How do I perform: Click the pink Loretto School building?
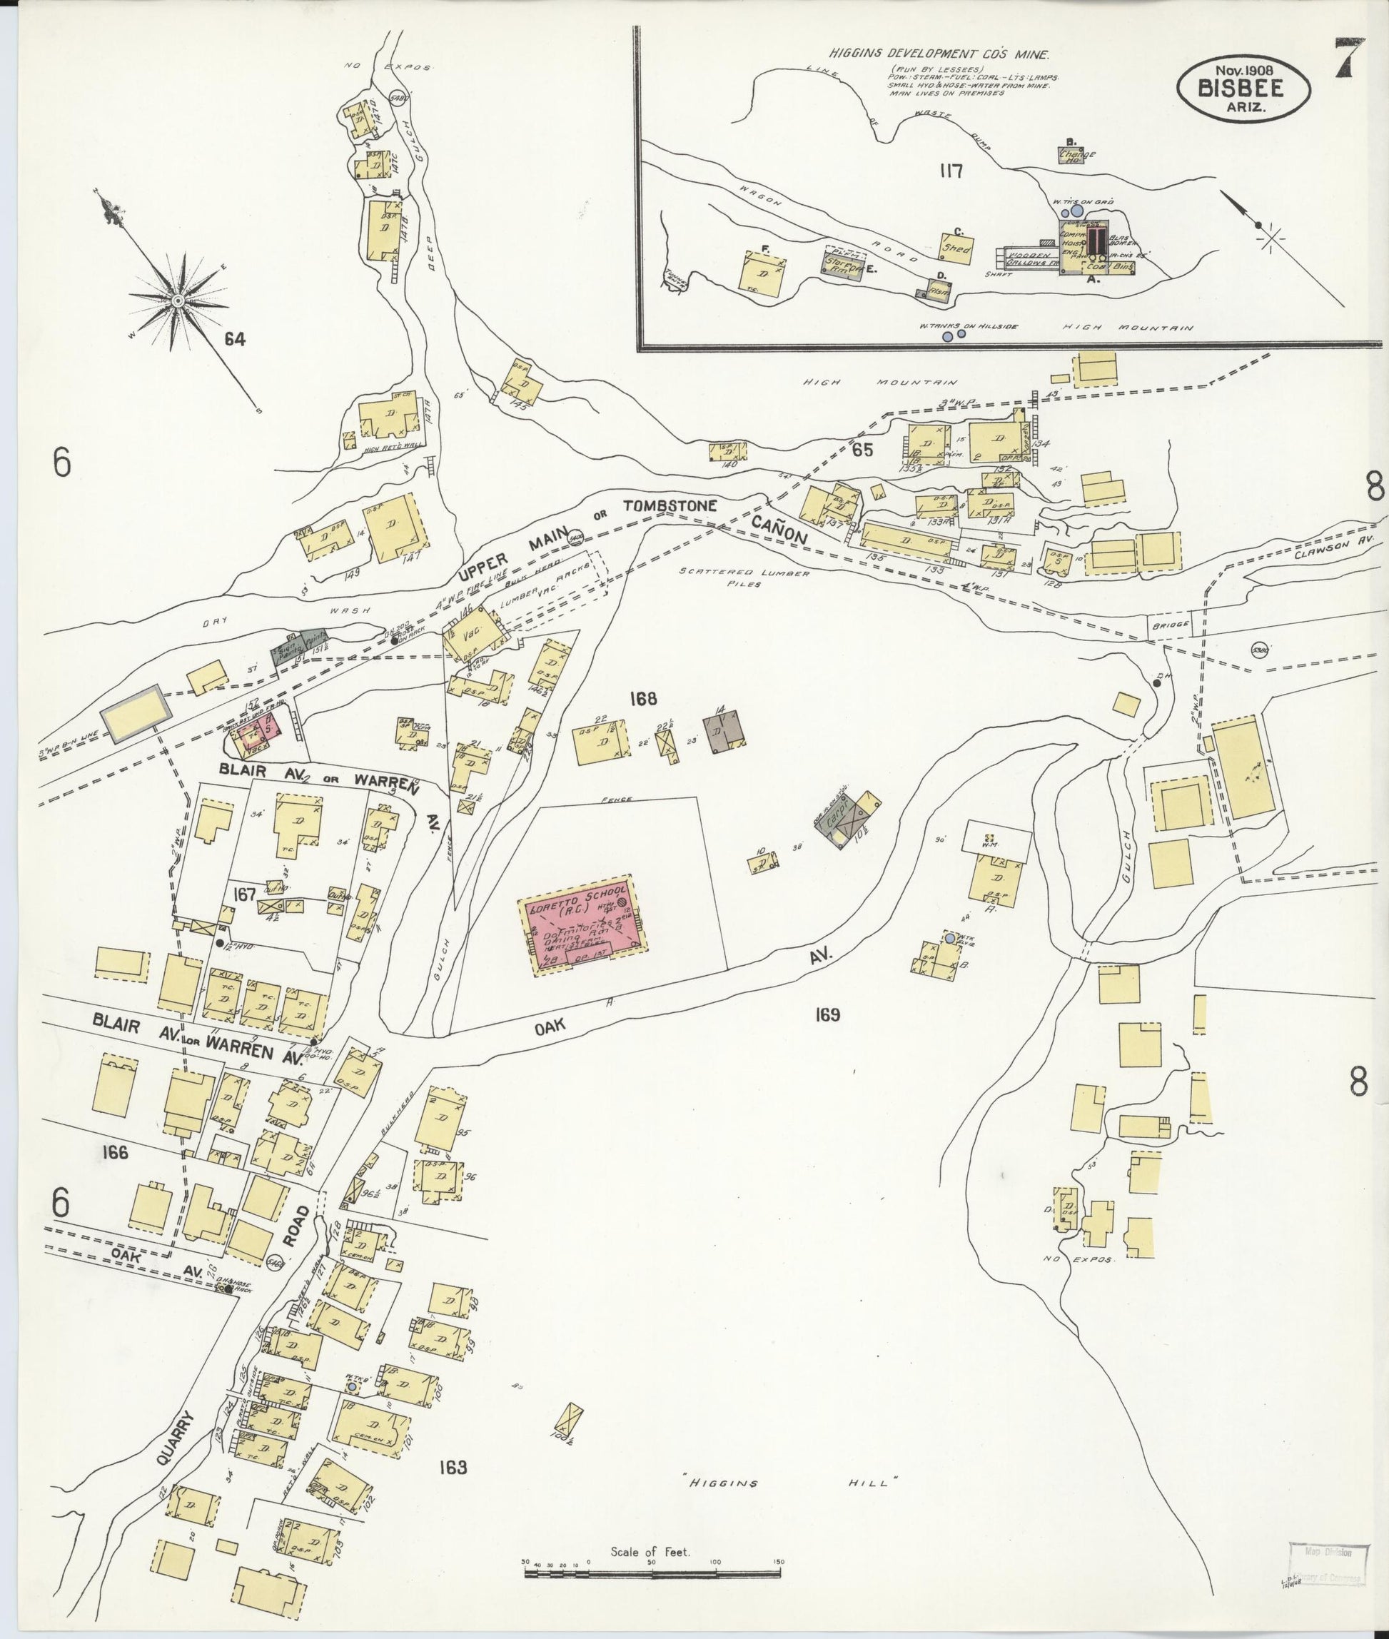pos(582,926)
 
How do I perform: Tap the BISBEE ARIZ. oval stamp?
pos(1243,89)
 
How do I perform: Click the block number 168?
pos(642,698)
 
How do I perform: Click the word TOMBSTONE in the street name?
pos(670,505)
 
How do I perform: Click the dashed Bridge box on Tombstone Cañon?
pos(1168,625)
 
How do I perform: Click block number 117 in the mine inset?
pos(951,171)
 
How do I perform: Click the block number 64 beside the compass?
pos(234,340)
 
